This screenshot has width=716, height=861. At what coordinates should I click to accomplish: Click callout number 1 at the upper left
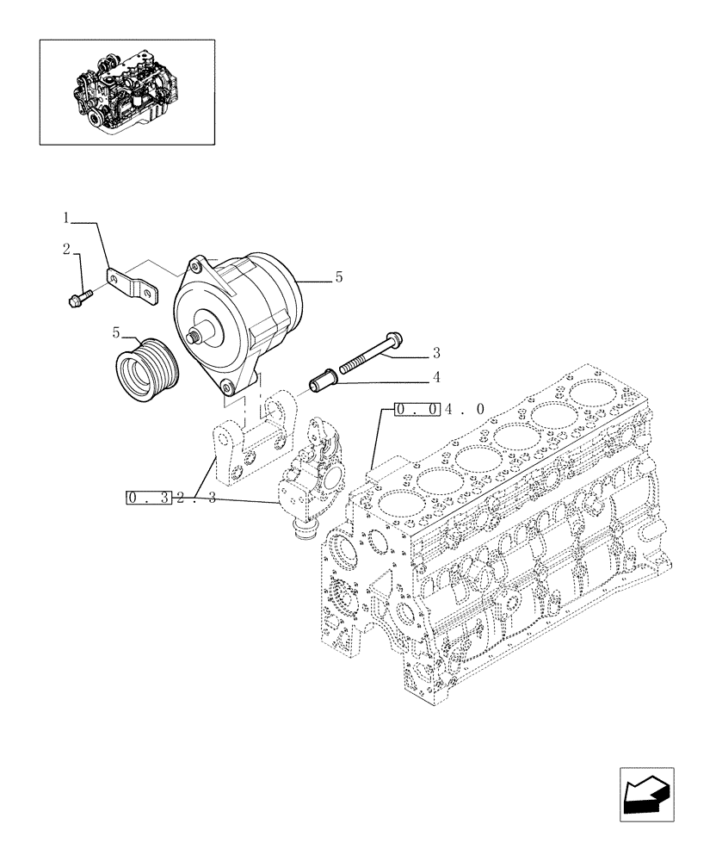[x=65, y=220]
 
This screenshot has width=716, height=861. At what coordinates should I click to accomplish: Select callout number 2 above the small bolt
[x=65, y=250]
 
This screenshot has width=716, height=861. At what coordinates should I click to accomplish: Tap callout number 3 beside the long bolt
[x=436, y=353]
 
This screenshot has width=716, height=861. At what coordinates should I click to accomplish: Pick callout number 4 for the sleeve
[x=436, y=375]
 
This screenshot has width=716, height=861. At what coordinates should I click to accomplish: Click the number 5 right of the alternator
[x=339, y=277]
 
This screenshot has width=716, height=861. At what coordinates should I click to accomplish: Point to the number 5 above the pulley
[x=116, y=331]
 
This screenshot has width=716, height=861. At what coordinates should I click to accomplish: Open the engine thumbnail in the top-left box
[x=127, y=90]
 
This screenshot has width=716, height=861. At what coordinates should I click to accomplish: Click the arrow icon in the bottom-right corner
[x=646, y=795]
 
